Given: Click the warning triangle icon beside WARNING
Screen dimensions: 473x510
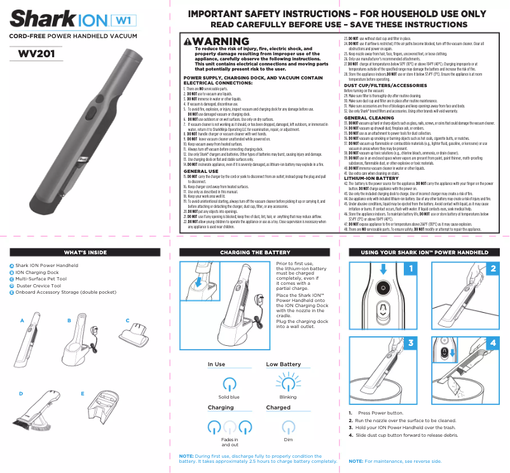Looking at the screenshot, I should click(188, 42).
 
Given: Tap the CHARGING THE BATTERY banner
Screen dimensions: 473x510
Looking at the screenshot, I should click(254, 253).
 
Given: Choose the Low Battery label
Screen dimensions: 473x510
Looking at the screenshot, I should click(283, 364).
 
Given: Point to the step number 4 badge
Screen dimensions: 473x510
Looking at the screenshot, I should click(493, 342).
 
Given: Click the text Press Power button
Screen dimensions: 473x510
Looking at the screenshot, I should click(381, 413).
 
